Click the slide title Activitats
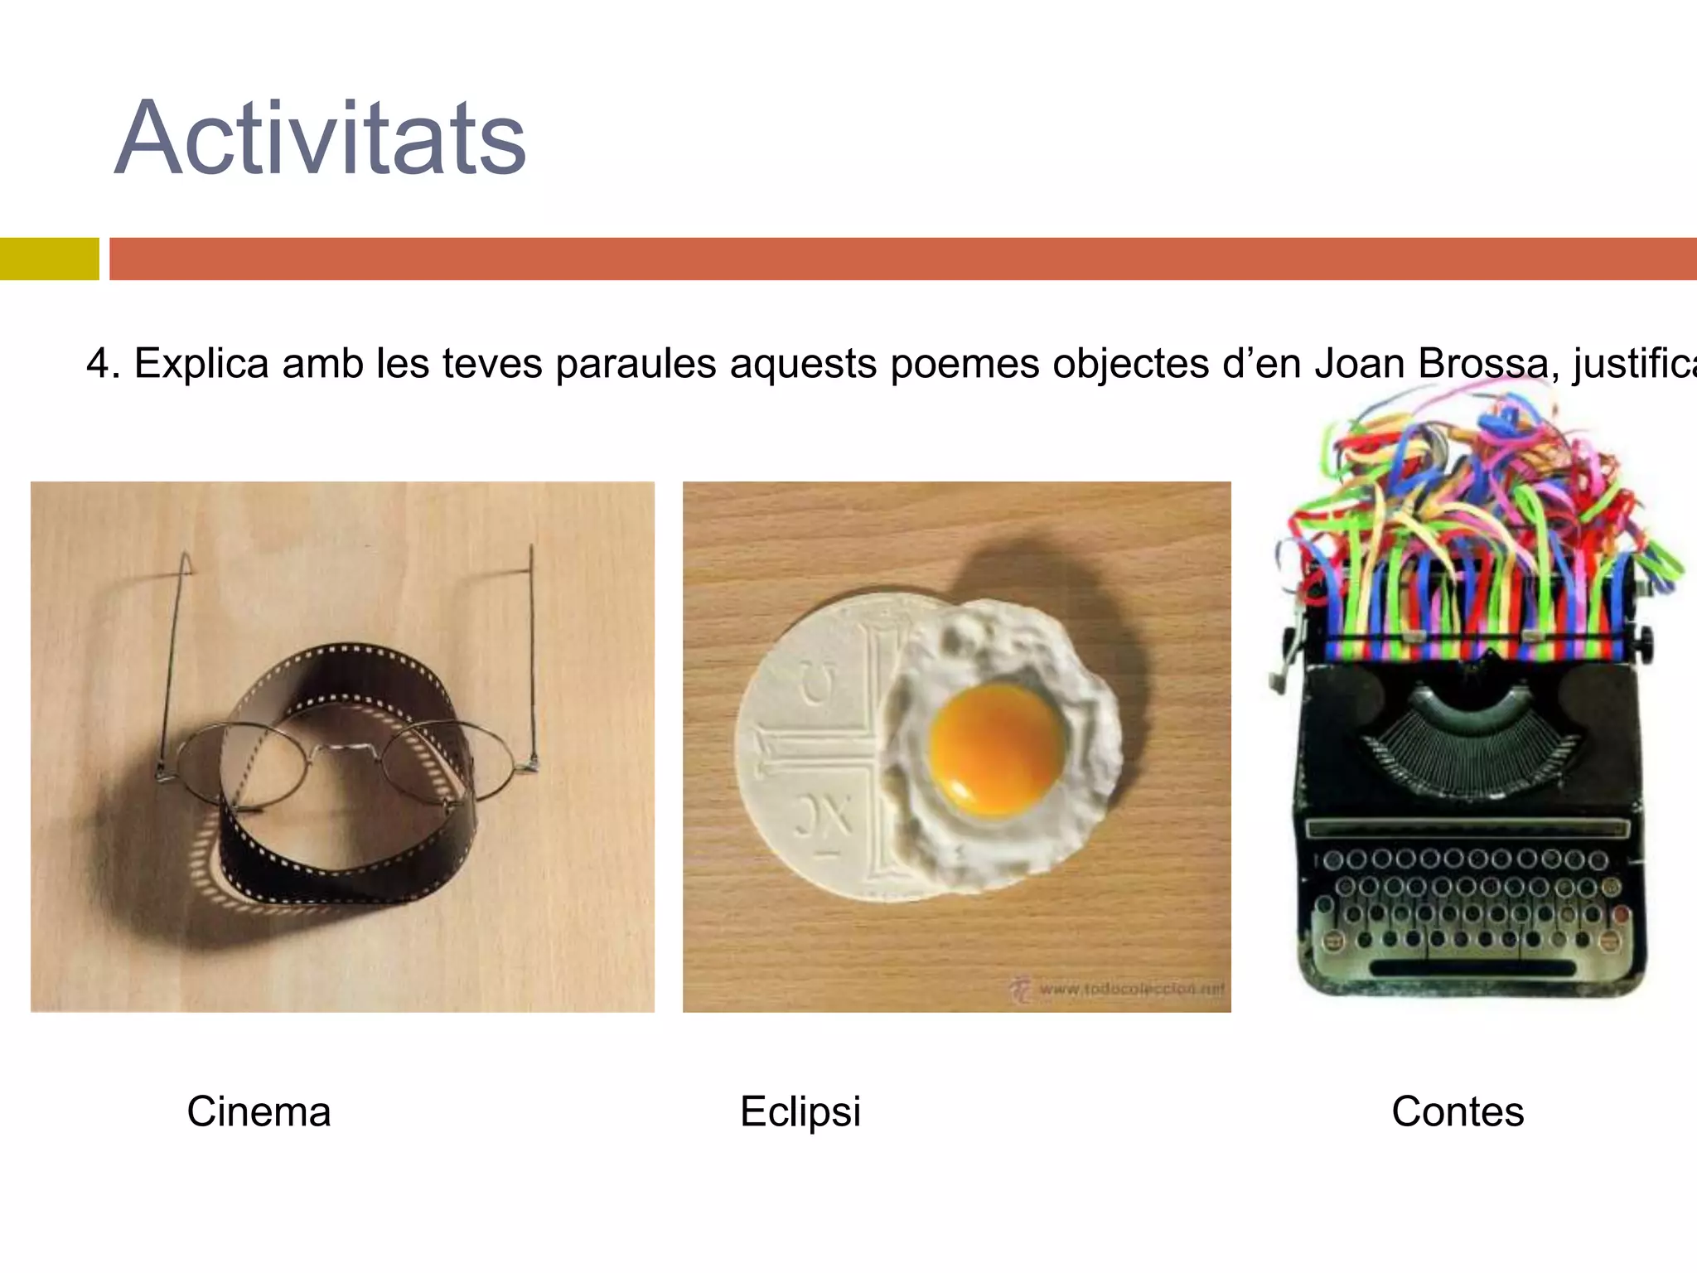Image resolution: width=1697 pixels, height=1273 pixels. [x=320, y=139]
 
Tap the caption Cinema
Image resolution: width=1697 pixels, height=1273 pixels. [x=259, y=1111]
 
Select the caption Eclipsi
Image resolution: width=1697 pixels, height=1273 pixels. [x=800, y=1111]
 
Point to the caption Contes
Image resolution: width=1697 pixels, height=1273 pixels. [x=1458, y=1111]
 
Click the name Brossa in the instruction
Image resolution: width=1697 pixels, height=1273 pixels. [x=1483, y=364]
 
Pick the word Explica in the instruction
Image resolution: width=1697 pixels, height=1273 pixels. [x=201, y=364]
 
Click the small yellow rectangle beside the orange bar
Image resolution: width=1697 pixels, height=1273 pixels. [x=49, y=259]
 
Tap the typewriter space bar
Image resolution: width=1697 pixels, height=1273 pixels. [x=1472, y=967]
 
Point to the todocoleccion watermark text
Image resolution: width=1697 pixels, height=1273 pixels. [x=1130, y=988]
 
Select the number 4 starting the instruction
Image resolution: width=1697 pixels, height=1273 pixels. [x=98, y=364]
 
